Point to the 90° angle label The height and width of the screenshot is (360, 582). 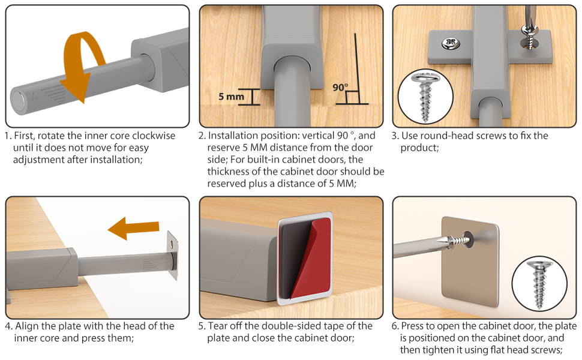coord(340,88)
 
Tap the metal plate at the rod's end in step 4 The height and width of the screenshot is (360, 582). coord(173,255)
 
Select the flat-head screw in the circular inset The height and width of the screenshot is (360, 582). coord(539,284)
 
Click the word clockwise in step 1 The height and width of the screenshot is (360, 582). coord(152,136)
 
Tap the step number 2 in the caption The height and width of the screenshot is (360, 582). coord(202,136)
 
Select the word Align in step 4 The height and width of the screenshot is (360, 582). coord(27,326)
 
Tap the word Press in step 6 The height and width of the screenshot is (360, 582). coord(413,326)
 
